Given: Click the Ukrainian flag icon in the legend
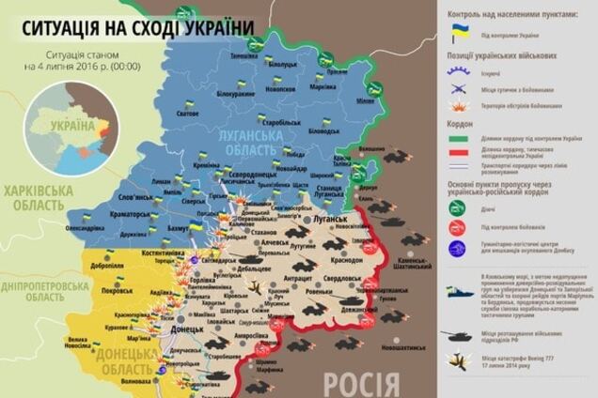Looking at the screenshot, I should tap(460, 34).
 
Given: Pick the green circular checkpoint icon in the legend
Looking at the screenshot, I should tap(457, 207).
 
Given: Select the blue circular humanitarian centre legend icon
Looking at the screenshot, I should tap(457, 249).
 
